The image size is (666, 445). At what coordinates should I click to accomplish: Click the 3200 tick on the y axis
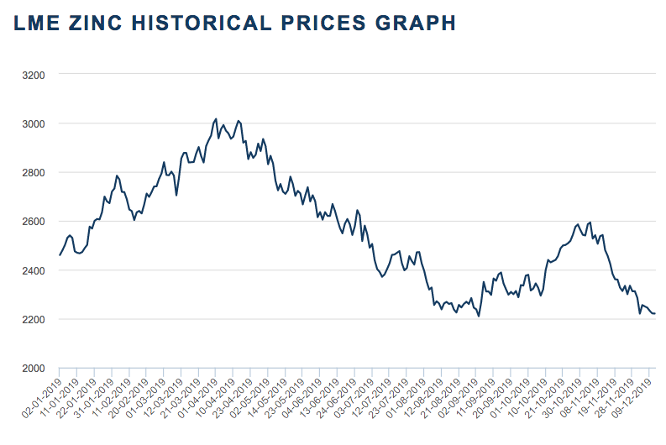(34, 75)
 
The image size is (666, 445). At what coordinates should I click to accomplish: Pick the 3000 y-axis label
(34, 123)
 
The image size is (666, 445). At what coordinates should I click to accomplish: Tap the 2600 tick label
(34, 222)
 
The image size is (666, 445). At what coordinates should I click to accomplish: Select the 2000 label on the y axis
(34, 369)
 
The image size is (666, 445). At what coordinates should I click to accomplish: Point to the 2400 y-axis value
(34, 270)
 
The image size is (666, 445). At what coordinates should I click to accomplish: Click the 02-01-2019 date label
(40, 395)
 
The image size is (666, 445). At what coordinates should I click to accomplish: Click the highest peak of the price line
(216, 119)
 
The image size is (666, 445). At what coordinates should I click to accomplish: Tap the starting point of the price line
(60, 255)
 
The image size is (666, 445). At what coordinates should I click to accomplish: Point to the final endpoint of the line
(655, 314)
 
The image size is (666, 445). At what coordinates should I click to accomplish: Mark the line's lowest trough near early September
(479, 316)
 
